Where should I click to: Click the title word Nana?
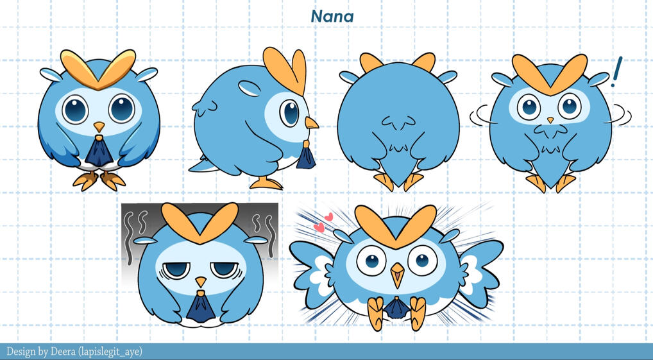point(332,17)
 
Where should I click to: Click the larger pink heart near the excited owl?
point(319,227)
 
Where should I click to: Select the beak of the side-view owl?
point(311,123)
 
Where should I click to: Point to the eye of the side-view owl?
point(289,112)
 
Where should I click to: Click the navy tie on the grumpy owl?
point(201,306)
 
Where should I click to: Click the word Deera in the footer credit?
point(62,352)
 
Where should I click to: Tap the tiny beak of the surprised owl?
point(550,120)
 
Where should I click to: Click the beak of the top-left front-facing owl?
point(99,126)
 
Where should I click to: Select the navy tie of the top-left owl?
point(99,151)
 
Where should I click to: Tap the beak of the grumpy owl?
point(201,282)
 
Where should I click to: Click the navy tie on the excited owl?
point(396,308)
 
